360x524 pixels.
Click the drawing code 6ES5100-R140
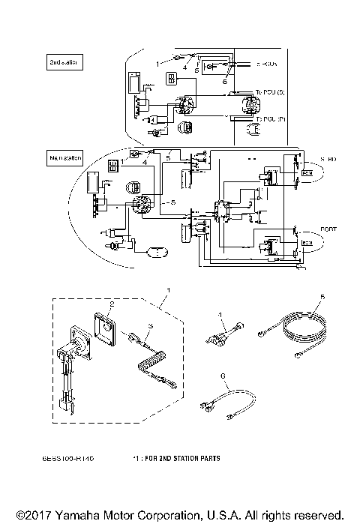pyautogui.click(x=73, y=456)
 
